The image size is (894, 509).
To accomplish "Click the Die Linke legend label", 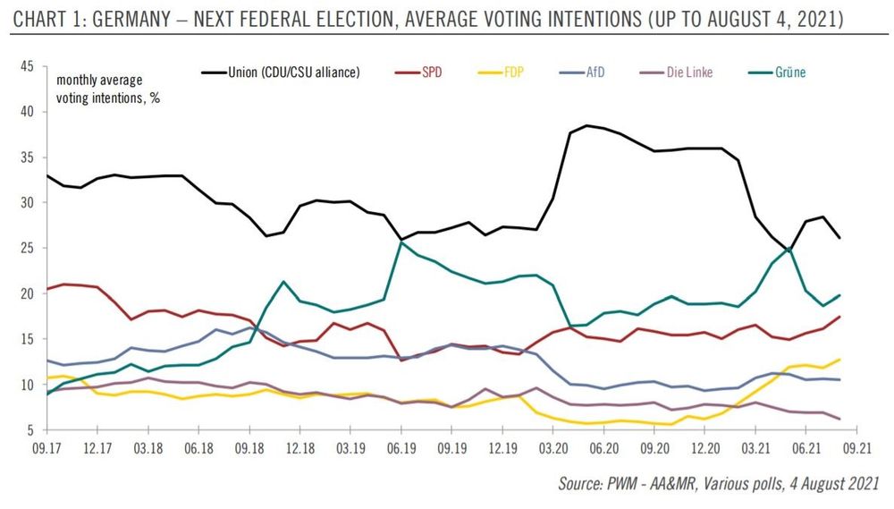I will click(689, 72).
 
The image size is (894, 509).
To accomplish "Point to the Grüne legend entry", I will click(790, 72).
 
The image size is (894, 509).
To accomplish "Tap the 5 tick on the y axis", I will click(30, 430).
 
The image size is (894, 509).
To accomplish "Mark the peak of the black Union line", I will click(586, 125).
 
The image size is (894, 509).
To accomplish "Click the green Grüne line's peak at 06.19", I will click(402, 242).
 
